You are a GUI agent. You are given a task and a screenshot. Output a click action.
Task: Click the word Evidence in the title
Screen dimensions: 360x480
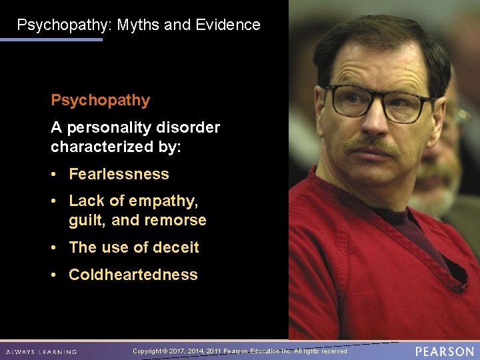tap(228, 25)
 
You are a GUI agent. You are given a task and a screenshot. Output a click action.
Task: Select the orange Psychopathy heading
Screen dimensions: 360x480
tap(101, 101)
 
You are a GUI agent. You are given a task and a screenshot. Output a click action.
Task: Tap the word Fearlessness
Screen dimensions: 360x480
tap(119, 174)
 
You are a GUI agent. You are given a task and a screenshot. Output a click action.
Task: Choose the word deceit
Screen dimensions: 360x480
tap(175, 247)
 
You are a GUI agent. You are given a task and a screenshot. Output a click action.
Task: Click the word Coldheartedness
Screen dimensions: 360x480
tap(133, 275)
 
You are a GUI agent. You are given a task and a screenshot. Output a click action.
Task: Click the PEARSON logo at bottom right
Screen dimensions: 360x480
tap(444, 351)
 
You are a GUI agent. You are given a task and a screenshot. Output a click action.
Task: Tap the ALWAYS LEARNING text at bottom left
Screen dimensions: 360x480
tap(41, 352)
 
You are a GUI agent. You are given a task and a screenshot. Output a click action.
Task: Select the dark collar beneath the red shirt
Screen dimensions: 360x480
tap(393, 220)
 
